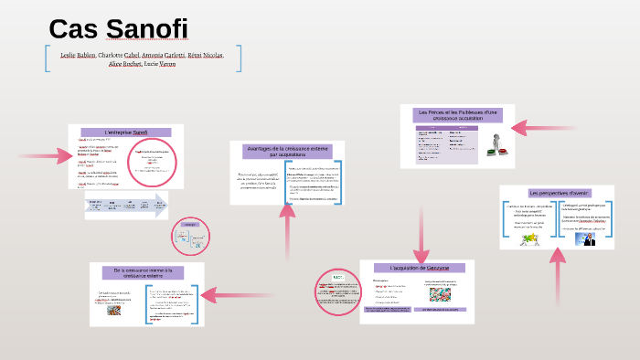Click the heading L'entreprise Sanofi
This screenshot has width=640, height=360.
click(x=126, y=132)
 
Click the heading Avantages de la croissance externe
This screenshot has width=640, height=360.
click(x=288, y=151)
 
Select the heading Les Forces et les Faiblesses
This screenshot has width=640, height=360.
click(x=456, y=116)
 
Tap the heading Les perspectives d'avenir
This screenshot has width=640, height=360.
click(x=555, y=193)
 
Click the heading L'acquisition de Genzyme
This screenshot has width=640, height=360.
click(x=419, y=268)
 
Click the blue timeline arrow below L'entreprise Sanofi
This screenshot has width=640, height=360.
click(x=127, y=205)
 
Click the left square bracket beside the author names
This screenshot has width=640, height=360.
click(x=46, y=58)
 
